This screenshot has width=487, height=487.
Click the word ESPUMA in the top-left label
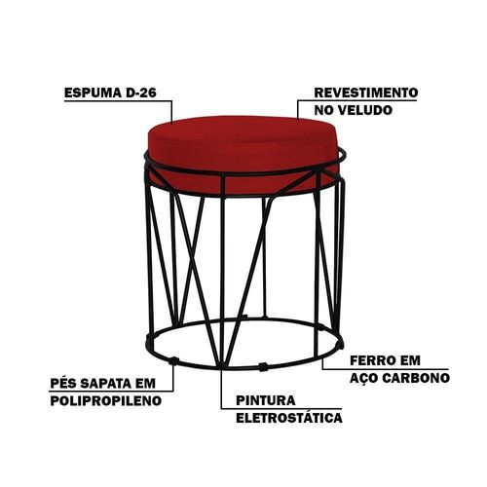tap(93, 93)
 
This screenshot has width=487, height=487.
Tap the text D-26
tap(140, 93)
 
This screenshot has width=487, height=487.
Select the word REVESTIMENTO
tap(366, 93)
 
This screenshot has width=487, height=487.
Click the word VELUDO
tap(365, 110)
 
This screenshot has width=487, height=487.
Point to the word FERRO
tap(372, 360)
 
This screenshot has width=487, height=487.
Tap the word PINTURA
tap(266, 400)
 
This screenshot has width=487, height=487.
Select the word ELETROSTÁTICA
tap(289, 418)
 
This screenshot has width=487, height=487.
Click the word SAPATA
tap(105, 384)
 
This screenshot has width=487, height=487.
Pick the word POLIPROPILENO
tap(106, 400)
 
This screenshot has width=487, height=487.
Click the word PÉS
tap(62, 383)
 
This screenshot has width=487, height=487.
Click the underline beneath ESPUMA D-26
tap(118, 101)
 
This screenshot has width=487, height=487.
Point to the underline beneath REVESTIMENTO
tap(357, 100)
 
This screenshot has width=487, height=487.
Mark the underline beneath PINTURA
tap(281, 408)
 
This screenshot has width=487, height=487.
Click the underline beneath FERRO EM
tap(386, 369)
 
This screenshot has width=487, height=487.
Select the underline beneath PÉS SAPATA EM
tap(112, 391)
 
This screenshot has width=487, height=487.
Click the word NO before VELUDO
tap(324, 110)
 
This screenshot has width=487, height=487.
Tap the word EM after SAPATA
tap(145, 384)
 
